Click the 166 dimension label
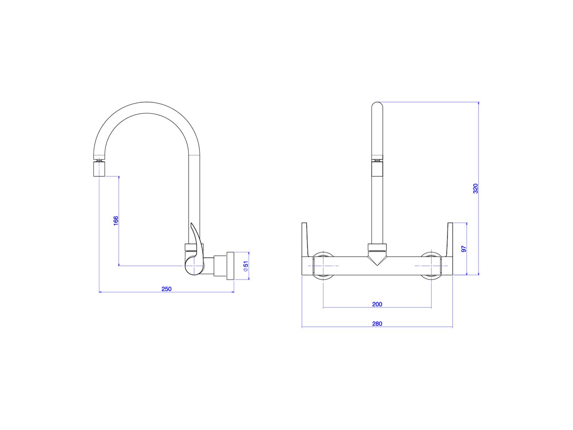click(x=116, y=221)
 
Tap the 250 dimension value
click(x=166, y=289)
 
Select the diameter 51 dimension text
click(x=246, y=266)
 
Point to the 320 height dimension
click(x=475, y=188)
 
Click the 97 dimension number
click(x=464, y=249)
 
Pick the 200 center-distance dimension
click(x=377, y=304)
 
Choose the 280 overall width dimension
click(x=377, y=324)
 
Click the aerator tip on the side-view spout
click(x=100, y=169)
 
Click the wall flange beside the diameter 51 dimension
click(x=230, y=266)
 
